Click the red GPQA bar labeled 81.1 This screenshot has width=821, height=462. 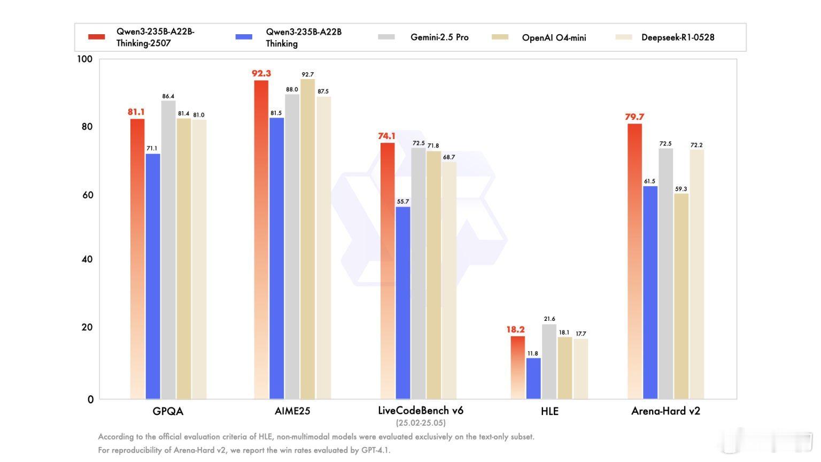137,259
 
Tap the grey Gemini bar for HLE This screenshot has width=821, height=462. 549,361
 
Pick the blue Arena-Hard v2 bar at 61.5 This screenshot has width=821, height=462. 650,292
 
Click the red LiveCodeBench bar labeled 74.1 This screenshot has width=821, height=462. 388,271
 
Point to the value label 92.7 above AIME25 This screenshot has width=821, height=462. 308,74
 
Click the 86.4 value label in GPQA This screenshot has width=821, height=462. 168,96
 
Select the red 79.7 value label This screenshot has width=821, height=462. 634,117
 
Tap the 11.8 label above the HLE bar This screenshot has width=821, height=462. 533,353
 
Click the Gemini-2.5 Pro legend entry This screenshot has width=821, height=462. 439,37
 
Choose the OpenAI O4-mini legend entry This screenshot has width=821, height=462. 554,37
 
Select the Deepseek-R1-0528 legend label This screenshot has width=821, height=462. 678,37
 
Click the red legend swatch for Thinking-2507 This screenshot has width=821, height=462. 97,37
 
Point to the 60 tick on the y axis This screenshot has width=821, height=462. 88,195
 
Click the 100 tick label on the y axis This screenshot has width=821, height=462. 85,59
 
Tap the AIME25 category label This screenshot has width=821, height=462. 292,411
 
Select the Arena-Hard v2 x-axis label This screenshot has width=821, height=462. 665,411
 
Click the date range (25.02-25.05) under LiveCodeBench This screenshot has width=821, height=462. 421,423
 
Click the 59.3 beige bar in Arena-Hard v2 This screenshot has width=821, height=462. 681,296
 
